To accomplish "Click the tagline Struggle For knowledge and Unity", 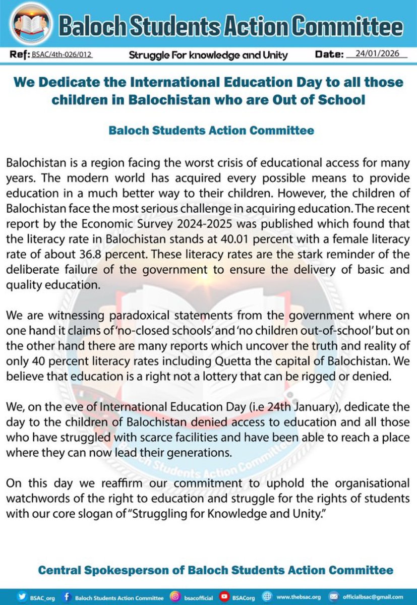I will [x=208, y=54].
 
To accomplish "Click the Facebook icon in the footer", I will [x=67, y=595].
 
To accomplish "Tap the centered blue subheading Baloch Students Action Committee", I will [x=211, y=131].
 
